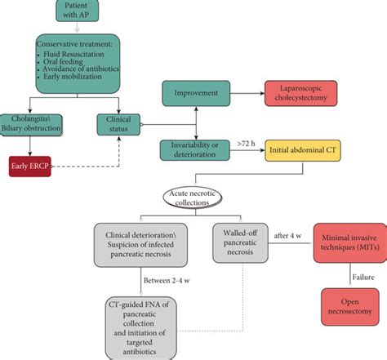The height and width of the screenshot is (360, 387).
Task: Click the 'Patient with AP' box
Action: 79,11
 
